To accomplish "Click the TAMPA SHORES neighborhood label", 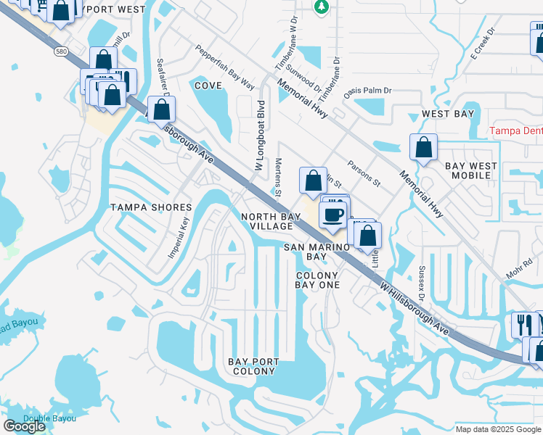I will click(x=151, y=207).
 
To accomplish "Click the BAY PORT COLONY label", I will click(x=252, y=366).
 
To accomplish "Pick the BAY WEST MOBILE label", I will click(x=471, y=170).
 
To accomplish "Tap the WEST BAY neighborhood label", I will click(x=449, y=115).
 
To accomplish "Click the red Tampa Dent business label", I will click(x=515, y=131).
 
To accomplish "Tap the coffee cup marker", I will click(x=333, y=215).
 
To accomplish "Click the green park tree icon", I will click(x=321, y=7).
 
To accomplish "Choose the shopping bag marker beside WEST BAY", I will click(x=423, y=148).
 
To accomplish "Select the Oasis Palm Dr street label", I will click(x=367, y=91).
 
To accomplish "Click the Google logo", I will click(x=24, y=426).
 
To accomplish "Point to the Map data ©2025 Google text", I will click(x=497, y=428).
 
